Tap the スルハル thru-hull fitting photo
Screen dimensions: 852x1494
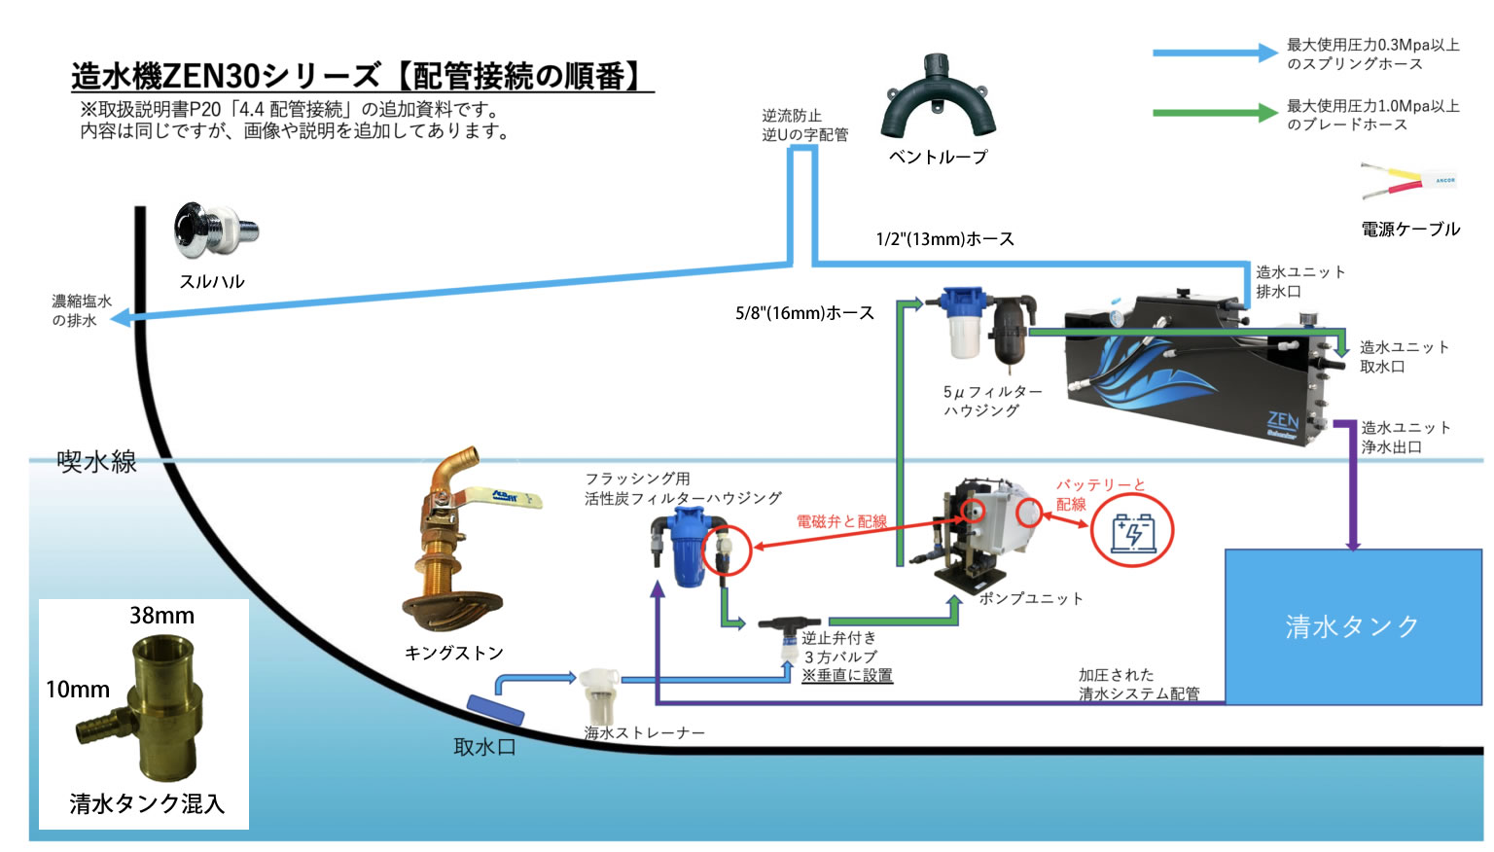215,232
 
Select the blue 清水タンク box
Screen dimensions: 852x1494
1352,625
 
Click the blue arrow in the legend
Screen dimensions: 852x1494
1215,53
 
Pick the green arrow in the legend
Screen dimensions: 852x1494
1215,114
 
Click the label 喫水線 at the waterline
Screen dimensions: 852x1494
96,461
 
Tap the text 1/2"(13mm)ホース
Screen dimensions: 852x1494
944,239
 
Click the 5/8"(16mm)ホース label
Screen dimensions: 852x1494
804,313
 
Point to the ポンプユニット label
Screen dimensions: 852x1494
1030,598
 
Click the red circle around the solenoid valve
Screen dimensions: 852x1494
727,550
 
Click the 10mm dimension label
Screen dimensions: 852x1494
78,690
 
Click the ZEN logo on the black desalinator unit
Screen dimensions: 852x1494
1283,423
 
